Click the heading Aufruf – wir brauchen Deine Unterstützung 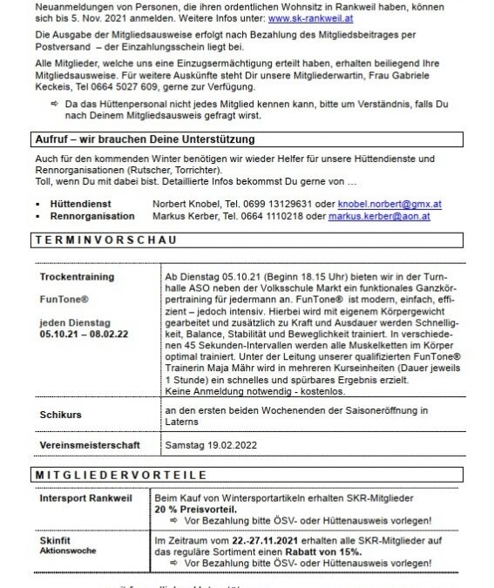click(x=144, y=140)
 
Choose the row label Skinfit click(x=55, y=540)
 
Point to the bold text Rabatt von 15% click(x=313, y=551)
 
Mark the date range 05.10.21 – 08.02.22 click(x=84, y=332)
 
